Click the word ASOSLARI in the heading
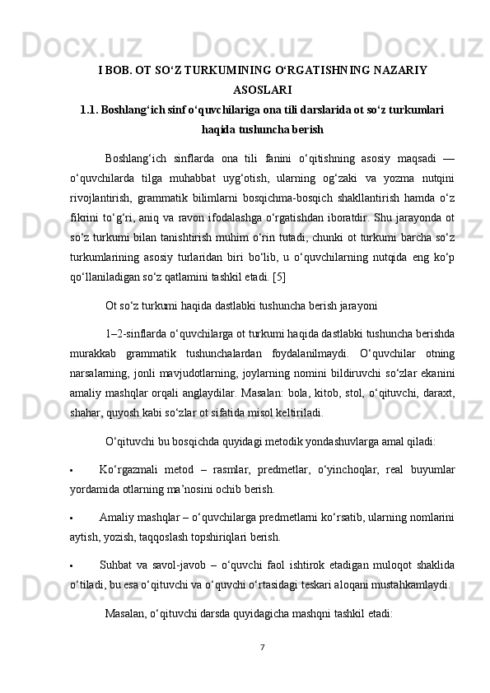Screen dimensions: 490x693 click(x=262, y=90)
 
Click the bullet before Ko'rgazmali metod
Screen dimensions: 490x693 click(x=72, y=471)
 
